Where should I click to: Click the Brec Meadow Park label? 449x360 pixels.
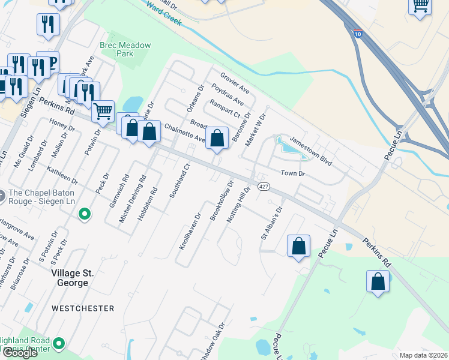coord(125,49)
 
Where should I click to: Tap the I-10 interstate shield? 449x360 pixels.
coord(357,35)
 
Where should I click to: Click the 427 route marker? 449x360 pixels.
coord(263,187)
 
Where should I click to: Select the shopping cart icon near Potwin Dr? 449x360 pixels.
coord(103,111)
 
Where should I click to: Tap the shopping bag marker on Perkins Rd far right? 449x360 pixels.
coord(378,281)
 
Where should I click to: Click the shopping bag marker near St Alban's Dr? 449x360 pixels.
coord(298,246)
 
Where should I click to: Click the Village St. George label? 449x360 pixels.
coord(72,277)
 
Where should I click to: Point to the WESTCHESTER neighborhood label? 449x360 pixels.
coord(83,308)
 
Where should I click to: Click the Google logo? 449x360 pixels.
coord(20,353)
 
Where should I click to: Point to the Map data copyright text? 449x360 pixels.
coord(423,355)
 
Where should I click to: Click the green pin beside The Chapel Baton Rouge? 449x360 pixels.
coord(85,214)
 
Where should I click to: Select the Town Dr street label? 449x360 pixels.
coord(294,173)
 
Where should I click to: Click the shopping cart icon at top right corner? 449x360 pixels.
coord(420,6)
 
